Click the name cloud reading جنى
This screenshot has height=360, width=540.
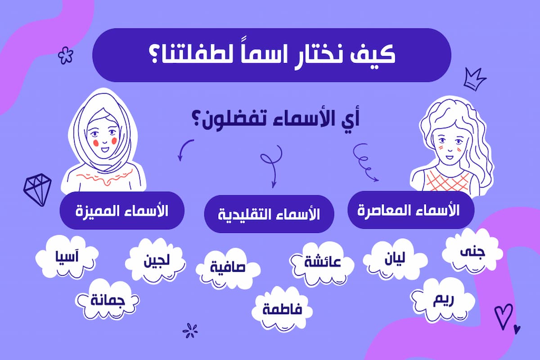[x=472, y=251]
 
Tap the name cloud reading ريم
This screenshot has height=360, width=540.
[x=443, y=300]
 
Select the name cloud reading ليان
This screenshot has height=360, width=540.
[x=395, y=260]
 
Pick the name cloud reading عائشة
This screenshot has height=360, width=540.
[x=322, y=263]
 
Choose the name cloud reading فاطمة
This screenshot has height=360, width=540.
[x=282, y=309]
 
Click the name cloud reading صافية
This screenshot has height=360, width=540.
[x=228, y=268]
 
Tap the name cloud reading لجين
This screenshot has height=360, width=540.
[x=156, y=260]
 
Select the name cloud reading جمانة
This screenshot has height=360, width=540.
[x=107, y=300]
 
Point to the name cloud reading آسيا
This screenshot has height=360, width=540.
[x=67, y=257]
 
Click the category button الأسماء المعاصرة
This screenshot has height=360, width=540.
[x=411, y=210]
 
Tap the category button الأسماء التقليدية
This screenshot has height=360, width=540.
[x=269, y=214]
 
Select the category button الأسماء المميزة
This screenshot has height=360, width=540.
[x=122, y=211]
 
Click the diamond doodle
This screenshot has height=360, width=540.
[x=37, y=189]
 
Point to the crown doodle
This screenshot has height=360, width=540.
[x=475, y=79]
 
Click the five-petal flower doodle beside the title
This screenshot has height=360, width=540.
[x=66, y=55]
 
